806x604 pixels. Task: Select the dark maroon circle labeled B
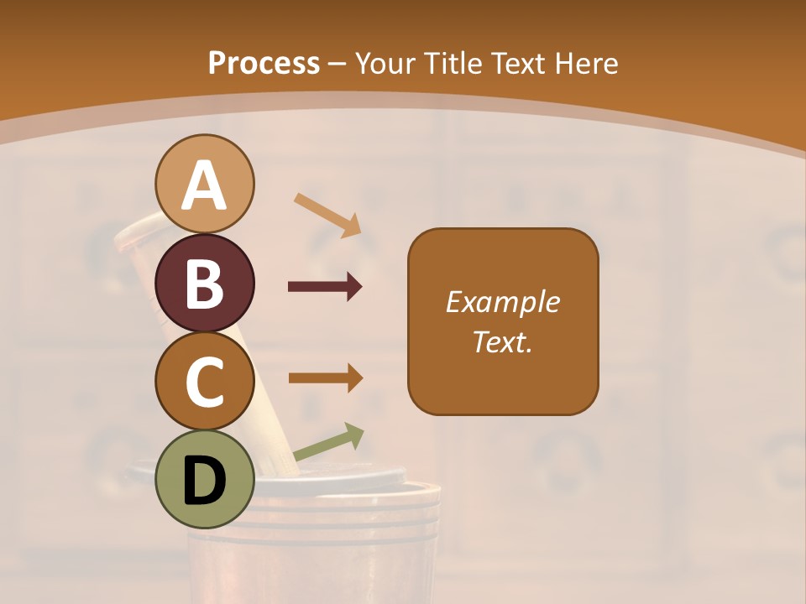pos(204,284)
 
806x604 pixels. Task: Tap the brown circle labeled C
pos(204,381)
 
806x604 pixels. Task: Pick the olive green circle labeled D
pos(204,480)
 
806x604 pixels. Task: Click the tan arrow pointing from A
pos(327,215)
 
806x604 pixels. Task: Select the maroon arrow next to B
pos(325,287)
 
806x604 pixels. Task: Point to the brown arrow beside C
pos(325,377)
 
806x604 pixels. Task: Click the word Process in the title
pos(264,63)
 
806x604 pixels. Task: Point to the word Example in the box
pos(503,302)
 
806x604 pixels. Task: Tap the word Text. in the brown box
pos(503,341)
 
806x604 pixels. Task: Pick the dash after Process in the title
pos(338,64)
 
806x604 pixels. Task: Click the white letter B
pos(204,284)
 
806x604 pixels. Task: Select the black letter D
pos(204,481)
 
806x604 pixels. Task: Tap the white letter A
pos(204,185)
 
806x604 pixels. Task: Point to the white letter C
pos(204,382)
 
